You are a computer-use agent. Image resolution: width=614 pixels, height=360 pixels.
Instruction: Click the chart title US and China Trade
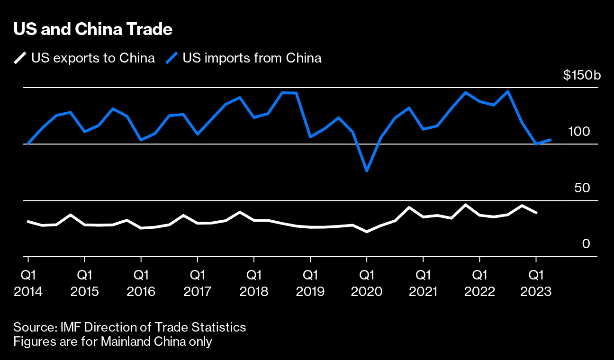(93, 29)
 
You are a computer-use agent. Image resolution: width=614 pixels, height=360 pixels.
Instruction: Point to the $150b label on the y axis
(581, 75)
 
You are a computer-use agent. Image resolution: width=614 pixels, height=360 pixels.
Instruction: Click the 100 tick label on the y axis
(579, 132)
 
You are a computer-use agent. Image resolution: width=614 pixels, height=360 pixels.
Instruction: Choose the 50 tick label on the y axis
(582, 188)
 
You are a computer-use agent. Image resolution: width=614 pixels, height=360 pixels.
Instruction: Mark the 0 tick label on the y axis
(586, 244)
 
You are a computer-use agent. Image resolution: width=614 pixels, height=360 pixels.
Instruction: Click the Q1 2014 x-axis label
(28, 283)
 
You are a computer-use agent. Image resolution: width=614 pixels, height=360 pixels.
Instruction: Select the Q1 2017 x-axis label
(197, 283)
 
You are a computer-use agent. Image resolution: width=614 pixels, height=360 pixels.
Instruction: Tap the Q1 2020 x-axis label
(366, 283)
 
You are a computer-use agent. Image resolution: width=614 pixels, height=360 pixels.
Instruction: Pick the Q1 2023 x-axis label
(536, 283)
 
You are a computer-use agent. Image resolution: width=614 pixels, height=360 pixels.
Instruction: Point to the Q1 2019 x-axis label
(310, 283)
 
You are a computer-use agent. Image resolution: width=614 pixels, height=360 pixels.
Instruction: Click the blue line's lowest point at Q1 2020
(366, 171)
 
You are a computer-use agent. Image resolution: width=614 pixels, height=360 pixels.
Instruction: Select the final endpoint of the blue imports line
(550, 140)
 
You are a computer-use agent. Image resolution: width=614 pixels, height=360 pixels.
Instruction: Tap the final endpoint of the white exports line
(536, 213)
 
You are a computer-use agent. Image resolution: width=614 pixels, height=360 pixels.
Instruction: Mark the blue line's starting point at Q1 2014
(28, 144)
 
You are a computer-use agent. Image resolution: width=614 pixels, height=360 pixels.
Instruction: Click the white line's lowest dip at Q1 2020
(366, 232)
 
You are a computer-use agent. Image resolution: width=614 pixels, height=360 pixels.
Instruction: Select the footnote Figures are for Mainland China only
(113, 342)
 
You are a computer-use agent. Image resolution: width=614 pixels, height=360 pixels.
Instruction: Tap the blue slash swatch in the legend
(172, 58)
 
